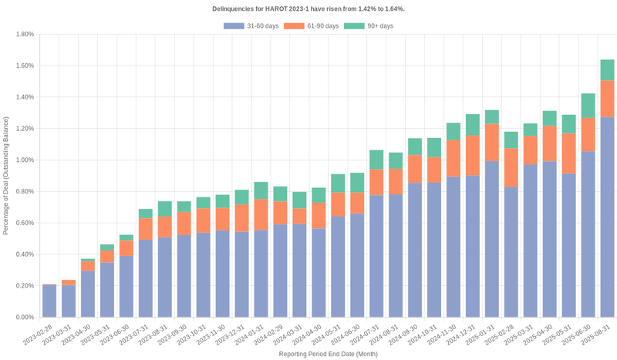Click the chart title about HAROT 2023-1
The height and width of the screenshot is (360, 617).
pyautogui.click(x=308, y=8)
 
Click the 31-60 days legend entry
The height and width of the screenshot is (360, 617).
pyautogui.click(x=251, y=26)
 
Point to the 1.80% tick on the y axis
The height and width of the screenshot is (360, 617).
pyautogui.click(x=24, y=35)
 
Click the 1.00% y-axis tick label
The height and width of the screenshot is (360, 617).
pyautogui.click(x=24, y=160)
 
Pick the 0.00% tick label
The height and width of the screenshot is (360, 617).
pyautogui.click(x=24, y=317)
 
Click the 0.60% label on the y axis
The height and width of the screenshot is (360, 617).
pyautogui.click(x=24, y=223)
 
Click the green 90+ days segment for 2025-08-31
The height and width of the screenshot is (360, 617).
pyautogui.click(x=608, y=70)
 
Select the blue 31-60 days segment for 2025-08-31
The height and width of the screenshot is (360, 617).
pyautogui.click(x=608, y=217)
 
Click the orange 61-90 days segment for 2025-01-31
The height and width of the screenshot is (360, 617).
pyautogui.click(x=492, y=143)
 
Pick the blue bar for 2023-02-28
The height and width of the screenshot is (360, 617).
pyautogui.click(x=49, y=301)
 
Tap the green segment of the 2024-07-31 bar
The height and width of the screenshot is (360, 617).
pyautogui.click(x=376, y=160)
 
